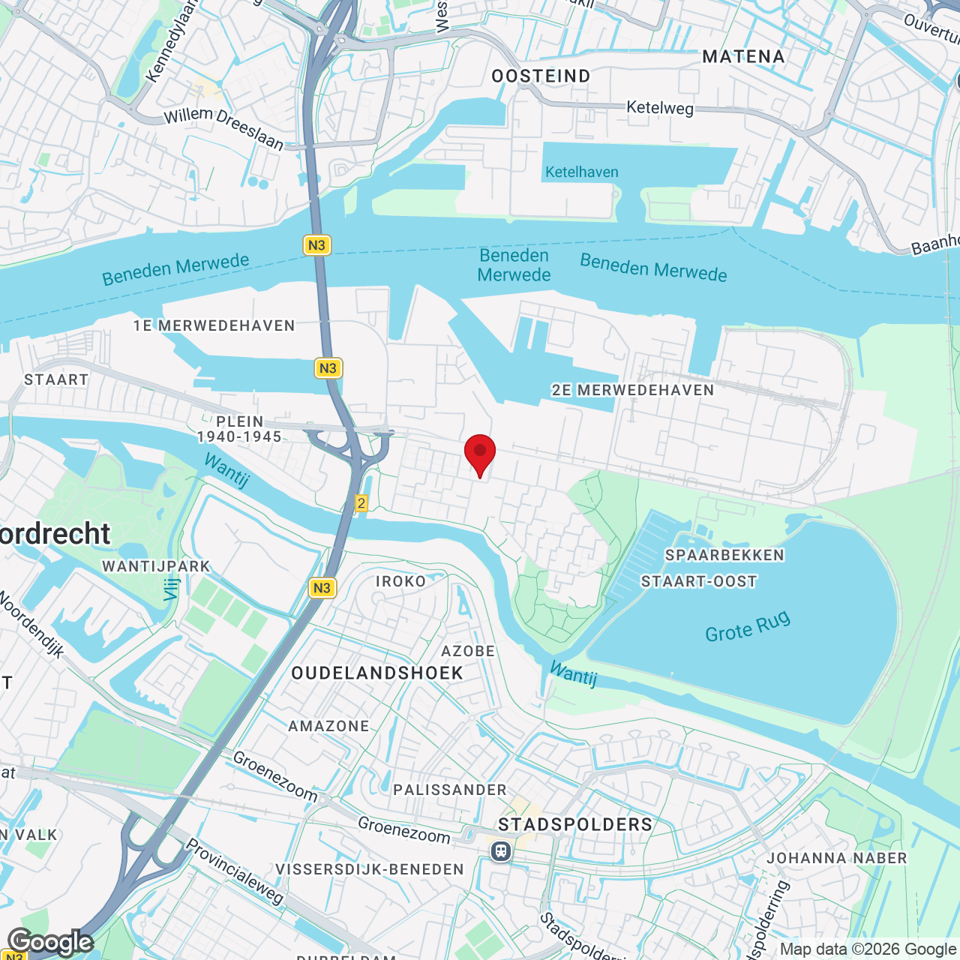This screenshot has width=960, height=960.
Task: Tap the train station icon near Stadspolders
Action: click(x=501, y=851)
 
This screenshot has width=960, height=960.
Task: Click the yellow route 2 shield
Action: click(x=361, y=503)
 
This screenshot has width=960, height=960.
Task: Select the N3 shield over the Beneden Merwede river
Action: click(x=317, y=245)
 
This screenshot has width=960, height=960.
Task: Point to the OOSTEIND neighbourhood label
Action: click(x=541, y=76)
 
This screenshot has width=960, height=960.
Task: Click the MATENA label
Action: click(x=743, y=57)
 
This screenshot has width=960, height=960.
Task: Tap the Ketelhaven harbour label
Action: click(x=582, y=172)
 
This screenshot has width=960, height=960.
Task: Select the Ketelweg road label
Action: click(x=660, y=108)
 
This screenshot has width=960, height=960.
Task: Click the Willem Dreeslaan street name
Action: click(x=223, y=127)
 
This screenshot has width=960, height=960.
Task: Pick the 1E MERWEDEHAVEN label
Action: click(x=214, y=325)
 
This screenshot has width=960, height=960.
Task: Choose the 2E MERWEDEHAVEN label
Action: click(x=633, y=390)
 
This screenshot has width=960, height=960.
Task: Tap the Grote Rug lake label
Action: click(x=748, y=627)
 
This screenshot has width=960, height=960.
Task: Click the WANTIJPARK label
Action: click(x=157, y=566)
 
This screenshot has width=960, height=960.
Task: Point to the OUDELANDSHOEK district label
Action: click(x=377, y=673)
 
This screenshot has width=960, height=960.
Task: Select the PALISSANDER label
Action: click(x=450, y=790)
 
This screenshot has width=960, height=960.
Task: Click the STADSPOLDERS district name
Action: click(x=575, y=824)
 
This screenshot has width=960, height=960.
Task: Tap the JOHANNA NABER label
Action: click(x=837, y=858)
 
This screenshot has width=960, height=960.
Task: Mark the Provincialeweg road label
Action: click(x=235, y=871)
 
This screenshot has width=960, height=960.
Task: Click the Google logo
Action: click(x=50, y=942)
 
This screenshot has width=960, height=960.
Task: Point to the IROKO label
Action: click(x=400, y=581)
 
